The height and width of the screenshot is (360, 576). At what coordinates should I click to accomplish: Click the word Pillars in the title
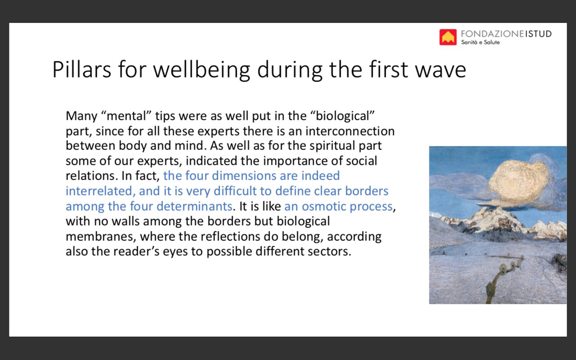pos(82,69)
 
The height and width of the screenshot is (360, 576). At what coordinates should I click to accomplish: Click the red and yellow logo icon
pos(448,37)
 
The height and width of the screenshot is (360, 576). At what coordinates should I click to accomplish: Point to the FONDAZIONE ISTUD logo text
pos(506,34)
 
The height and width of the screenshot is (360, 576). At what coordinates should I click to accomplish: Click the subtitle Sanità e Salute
pos(480,42)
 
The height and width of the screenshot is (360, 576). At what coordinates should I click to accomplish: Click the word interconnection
pos(350,131)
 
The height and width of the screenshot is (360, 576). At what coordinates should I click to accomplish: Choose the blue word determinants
pos(195,206)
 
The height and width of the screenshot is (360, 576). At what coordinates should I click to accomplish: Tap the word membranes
pos(101,237)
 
